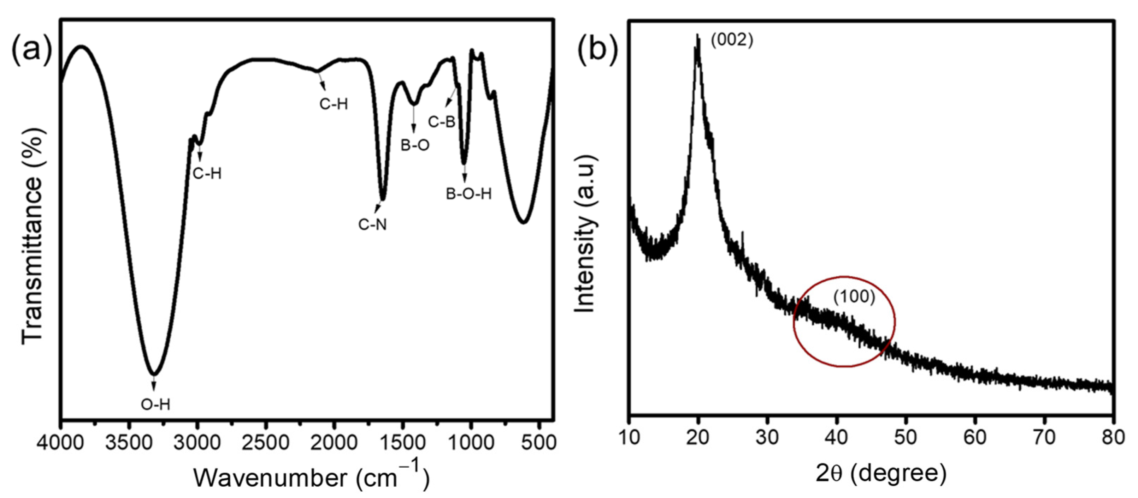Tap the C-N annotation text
point(372,225)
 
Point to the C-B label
point(441,121)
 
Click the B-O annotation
point(415,145)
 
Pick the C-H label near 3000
point(207,174)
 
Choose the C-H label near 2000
point(334,104)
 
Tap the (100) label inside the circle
point(854,297)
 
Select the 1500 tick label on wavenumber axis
point(402,442)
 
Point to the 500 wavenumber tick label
point(539,442)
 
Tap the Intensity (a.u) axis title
point(585,234)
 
